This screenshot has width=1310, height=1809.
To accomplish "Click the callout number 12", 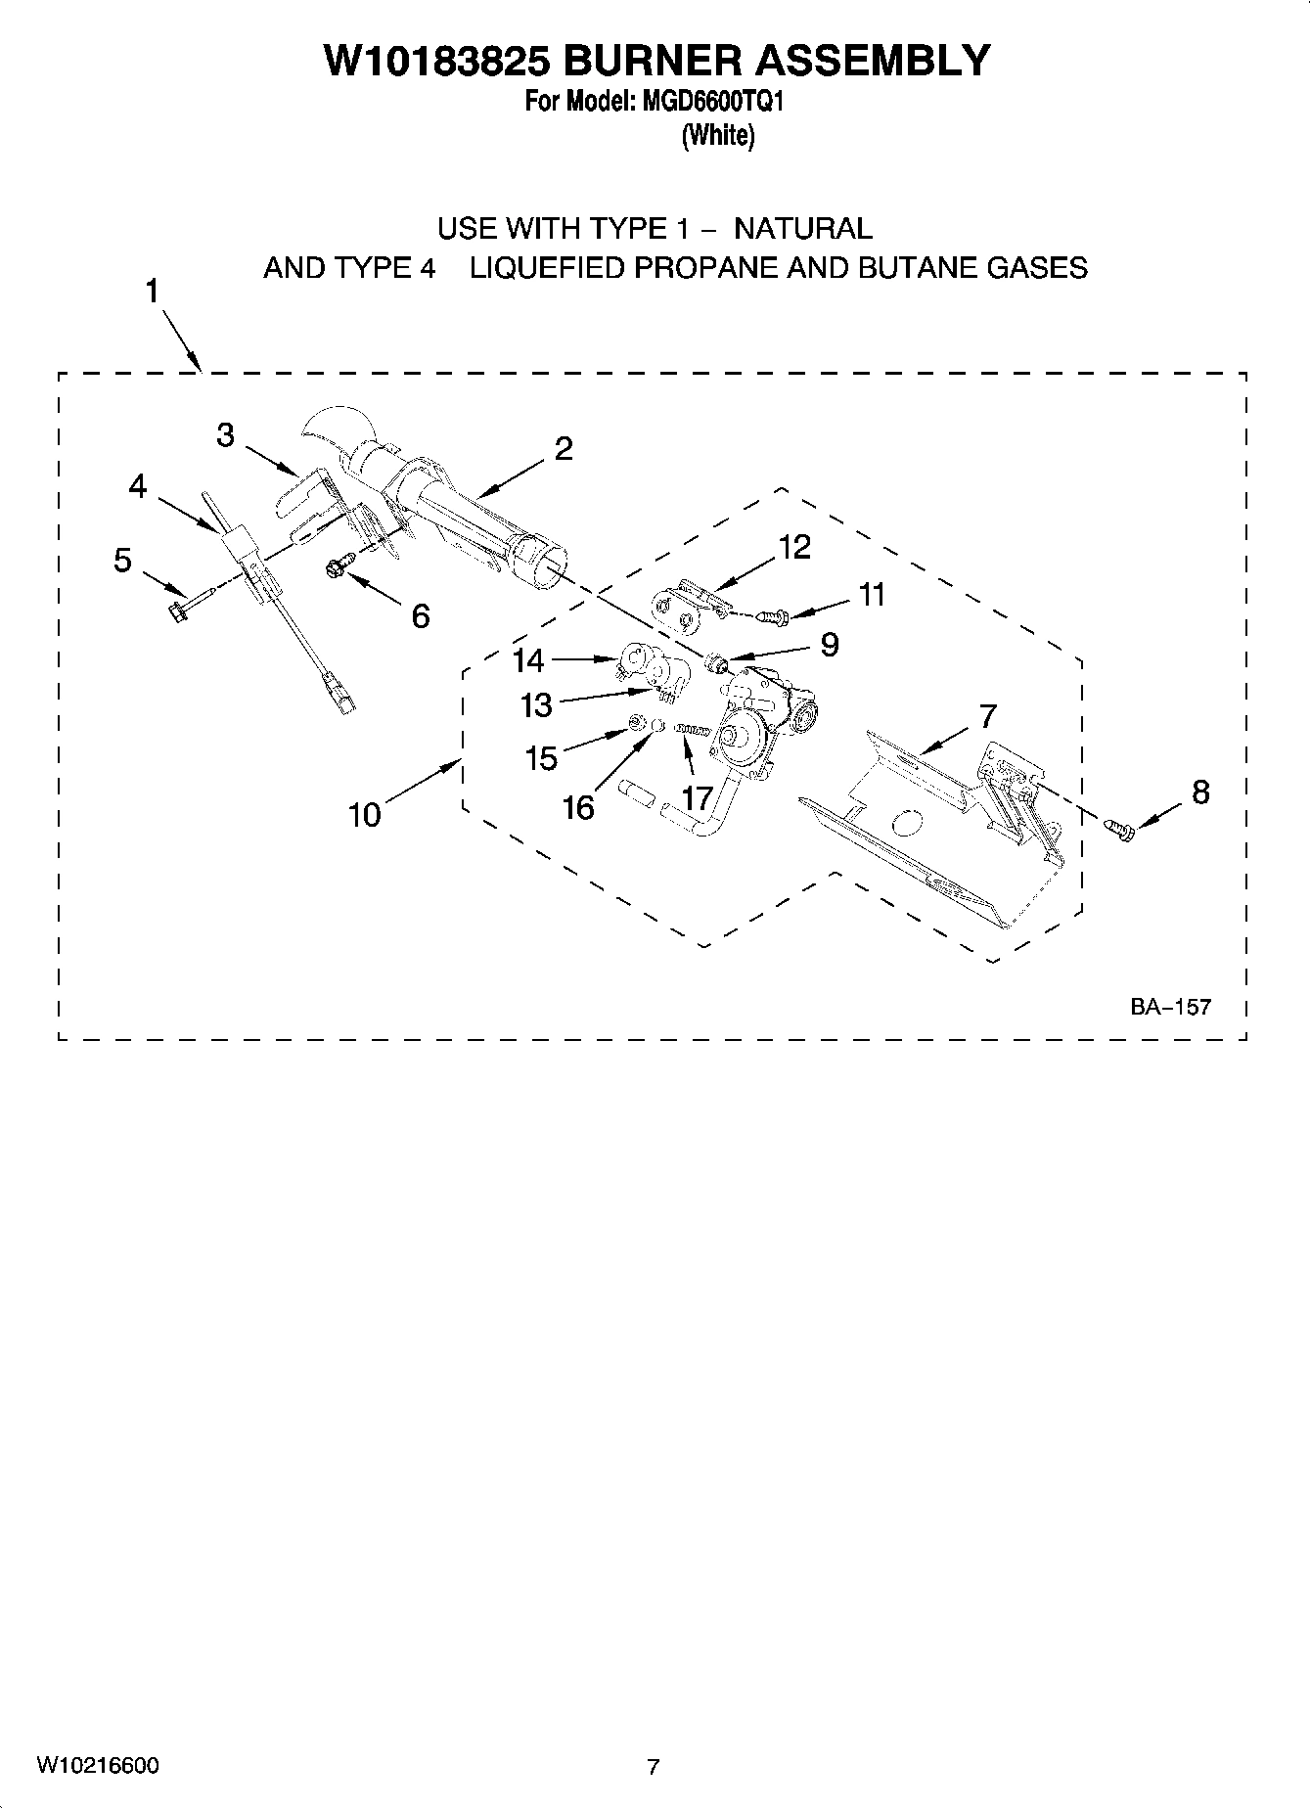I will tap(793, 548).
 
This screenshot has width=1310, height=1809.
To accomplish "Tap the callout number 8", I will tap(1199, 791).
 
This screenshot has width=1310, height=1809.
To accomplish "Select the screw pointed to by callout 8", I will tap(1120, 830).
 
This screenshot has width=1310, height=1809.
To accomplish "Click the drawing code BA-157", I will tap(1170, 1006).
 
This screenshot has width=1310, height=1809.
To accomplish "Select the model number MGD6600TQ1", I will tap(711, 102).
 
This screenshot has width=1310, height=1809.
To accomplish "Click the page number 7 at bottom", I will tap(654, 1767).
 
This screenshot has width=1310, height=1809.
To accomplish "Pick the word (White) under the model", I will tap(717, 135).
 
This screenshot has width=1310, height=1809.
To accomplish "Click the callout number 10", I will tap(365, 814).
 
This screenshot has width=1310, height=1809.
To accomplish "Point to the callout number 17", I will tap(697, 798).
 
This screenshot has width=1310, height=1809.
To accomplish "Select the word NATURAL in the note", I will tap(802, 229).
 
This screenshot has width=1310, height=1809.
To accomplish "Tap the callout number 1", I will tap(153, 292).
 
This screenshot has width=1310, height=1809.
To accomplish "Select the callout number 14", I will tap(527, 660).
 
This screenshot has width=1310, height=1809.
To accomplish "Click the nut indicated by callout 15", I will tap(635, 724).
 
